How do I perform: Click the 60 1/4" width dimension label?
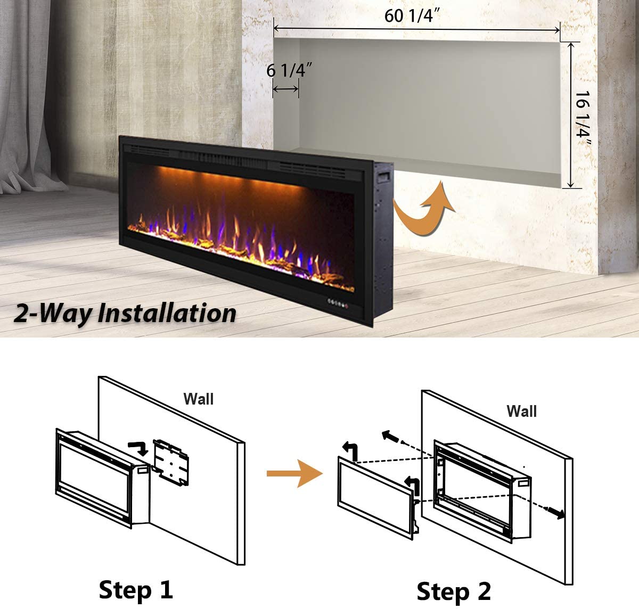point(412,15)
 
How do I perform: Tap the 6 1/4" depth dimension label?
point(289,70)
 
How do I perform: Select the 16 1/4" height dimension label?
point(582,119)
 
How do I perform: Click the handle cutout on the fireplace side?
point(382,177)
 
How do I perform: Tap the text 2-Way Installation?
point(125,313)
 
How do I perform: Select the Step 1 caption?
point(136,590)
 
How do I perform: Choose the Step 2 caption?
point(453,591)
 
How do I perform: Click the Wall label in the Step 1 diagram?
point(198,399)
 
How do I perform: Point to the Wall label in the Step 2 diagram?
point(521,411)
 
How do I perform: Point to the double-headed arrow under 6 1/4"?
point(285,89)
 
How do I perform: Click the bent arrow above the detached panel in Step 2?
point(351,451)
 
